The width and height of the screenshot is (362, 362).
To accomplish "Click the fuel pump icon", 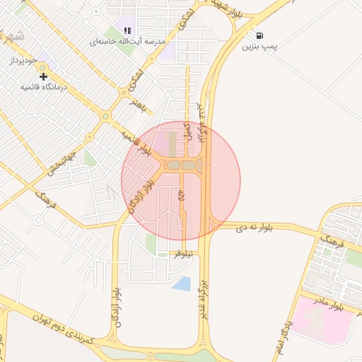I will point(260,35).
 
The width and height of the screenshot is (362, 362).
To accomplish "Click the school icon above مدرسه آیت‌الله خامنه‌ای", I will point(127,30).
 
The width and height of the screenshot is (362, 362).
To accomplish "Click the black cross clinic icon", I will point(44,76).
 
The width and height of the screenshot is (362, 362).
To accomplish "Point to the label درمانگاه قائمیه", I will point(43,87).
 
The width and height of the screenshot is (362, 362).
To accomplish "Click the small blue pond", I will point(181,284).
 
